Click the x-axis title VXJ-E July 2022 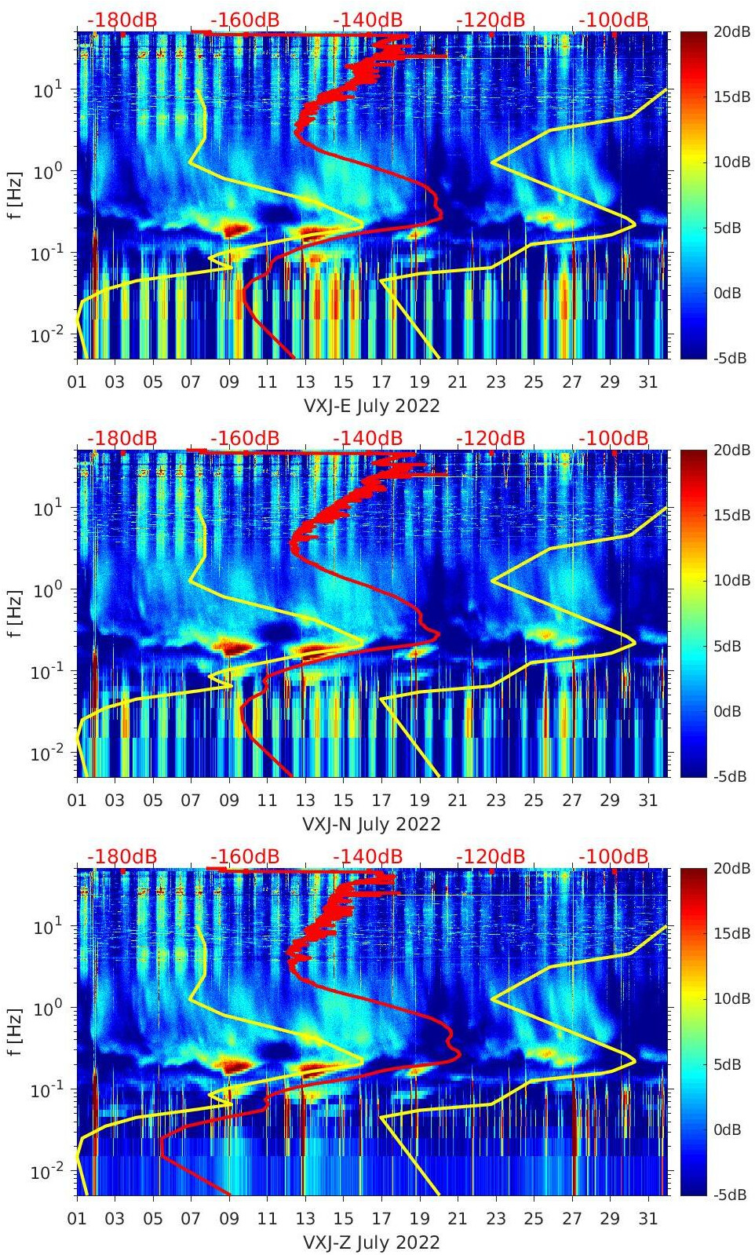(371, 406)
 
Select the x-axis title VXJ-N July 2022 (371, 824)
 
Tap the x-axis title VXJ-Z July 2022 (371, 1242)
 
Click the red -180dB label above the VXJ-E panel (122, 20)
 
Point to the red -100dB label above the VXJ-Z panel (614, 856)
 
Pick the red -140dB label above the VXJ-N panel (368, 438)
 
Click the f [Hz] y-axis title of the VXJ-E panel (16, 195)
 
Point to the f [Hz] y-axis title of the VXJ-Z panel (16, 1032)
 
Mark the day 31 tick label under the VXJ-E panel (647, 382)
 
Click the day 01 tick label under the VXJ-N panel (77, 801)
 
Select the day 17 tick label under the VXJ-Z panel (381, 1219)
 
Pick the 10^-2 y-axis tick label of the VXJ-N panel (46, 754)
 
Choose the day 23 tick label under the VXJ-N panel (495, 801)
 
